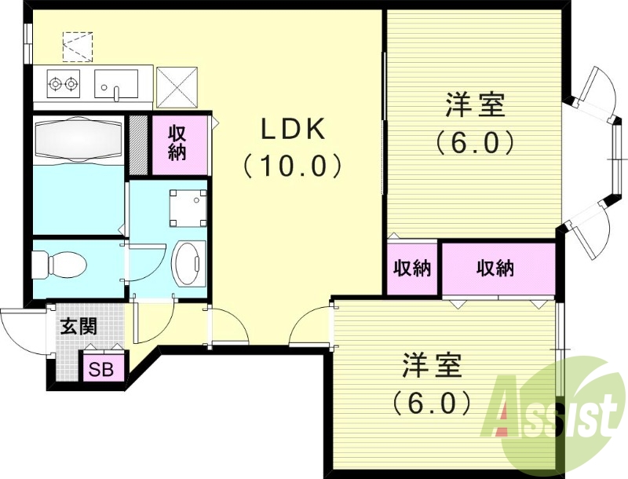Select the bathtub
click(79, 139)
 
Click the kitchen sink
click(115, 82)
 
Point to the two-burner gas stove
click(63, 82)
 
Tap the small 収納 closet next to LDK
click(411, 269)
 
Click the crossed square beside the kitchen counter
click(176, 86)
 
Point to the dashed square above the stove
click(77, 46)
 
